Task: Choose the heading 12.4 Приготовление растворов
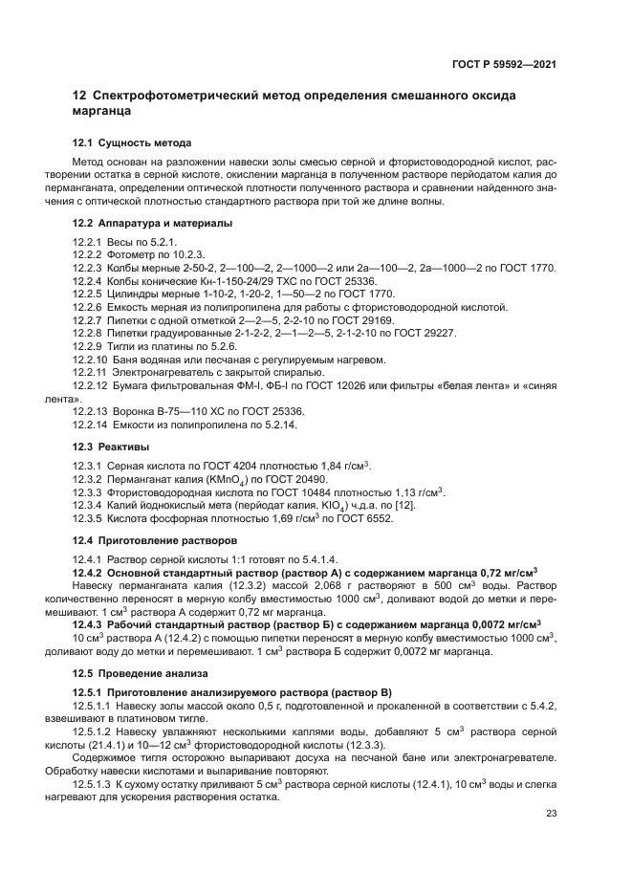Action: pyautogui.click(x=156, y=540)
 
